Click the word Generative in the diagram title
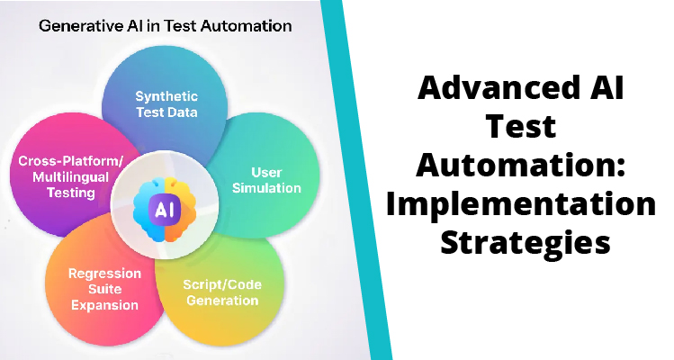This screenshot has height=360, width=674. click(76, 25)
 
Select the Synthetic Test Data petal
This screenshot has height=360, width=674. click(166, 103)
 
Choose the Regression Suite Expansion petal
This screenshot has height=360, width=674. click(103, 288)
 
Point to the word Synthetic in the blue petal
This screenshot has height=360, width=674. click(166, 95)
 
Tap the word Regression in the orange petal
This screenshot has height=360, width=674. click(103, 273)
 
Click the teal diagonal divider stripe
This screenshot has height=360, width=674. click(364, 180)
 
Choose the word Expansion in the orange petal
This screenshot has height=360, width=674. click(103, 304)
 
